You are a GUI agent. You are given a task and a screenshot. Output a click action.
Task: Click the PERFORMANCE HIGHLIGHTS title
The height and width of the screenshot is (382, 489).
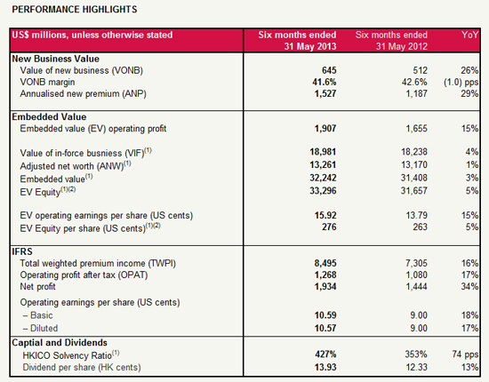[75, 10]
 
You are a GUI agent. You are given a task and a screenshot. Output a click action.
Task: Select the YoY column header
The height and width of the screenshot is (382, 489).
[470, 35]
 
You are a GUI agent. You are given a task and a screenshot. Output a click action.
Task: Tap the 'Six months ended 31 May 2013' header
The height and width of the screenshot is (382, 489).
[297, 41]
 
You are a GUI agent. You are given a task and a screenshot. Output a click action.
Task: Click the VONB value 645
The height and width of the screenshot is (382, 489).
[329, 70]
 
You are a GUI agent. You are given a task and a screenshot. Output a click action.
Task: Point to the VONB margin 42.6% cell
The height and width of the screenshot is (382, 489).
[414, 82]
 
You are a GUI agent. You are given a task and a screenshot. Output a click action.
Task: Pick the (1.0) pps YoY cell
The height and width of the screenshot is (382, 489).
[461, 83]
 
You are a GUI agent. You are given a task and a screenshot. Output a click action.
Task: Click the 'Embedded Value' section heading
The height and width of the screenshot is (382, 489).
[49, 117]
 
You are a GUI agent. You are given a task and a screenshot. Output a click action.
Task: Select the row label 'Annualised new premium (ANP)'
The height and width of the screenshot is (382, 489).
[83, 94]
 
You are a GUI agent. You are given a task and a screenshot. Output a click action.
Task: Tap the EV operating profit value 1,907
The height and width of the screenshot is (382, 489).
[325, 129]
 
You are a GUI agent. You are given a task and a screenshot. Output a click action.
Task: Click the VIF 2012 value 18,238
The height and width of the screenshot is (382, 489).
[414, 152]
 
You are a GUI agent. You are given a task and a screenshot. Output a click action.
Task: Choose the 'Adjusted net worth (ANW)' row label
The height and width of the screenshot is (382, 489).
[76, 165]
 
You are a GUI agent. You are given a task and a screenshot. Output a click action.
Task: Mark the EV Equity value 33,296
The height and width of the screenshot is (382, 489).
[323, 191]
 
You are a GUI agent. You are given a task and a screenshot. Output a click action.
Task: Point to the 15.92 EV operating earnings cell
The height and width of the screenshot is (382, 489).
[325, 215]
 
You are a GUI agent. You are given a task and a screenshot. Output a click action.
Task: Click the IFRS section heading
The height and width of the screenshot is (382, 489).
[22, 251]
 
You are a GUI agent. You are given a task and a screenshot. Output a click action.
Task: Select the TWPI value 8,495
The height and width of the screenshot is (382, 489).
[325, 263]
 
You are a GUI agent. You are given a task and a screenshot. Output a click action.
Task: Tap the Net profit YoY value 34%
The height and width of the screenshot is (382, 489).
[469, 286]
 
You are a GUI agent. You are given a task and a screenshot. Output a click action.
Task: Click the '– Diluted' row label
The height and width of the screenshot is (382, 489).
[41, 328]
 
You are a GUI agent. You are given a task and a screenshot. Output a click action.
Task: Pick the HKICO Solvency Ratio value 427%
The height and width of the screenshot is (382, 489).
[325, 354]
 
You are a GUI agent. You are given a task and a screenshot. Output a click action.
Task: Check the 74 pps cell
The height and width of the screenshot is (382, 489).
[465, 354]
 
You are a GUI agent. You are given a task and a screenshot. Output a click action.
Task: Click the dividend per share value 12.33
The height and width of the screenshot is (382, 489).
[417, 368]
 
